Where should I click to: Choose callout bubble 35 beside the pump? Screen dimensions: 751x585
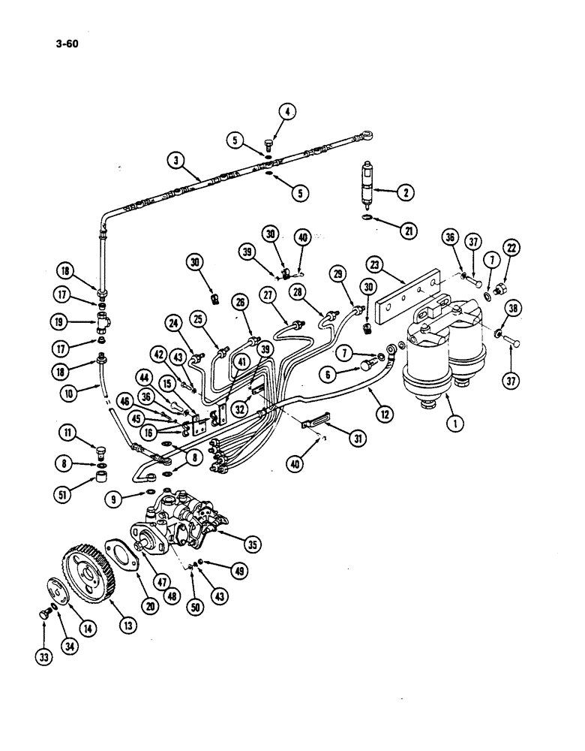(x=253, y=544)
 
